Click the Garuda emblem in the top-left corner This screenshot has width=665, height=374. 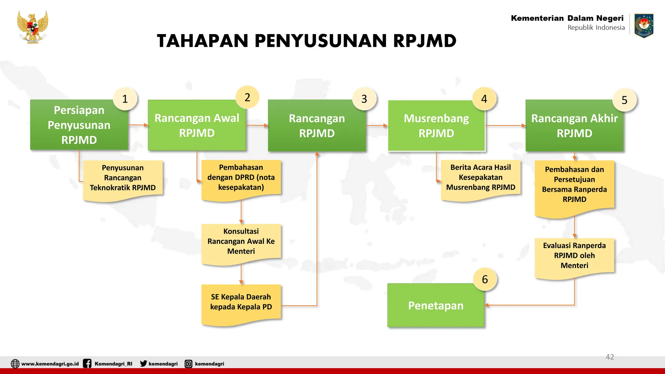[x=33, y=27]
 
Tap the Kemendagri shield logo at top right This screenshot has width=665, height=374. [x=644, y=25]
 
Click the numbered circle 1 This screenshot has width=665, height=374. [x=125, y=99]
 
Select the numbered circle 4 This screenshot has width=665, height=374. [x=484, y=99]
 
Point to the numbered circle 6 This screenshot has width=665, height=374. [x=485, y=279]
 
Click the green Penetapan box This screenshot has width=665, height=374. [x=436, y=305]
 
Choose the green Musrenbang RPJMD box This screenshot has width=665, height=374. [x=436, y=126]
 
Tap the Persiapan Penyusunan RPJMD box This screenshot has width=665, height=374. [x=79, y=125]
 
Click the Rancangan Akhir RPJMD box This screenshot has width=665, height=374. [x=574, y=126]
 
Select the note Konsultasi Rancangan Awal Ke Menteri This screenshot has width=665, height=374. [x=241, y=242]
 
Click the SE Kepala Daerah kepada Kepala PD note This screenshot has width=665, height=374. [x=241, y=303]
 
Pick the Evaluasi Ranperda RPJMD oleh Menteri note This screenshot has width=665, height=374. [x=574, y=256]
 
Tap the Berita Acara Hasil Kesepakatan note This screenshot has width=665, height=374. [x=481, y=178]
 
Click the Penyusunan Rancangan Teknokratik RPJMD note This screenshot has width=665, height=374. [x=123, y=178]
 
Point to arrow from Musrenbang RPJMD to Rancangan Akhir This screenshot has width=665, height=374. [x=505, y=125]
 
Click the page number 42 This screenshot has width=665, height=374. [x=609, y=357]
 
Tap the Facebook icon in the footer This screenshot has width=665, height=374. [x=87, y=363]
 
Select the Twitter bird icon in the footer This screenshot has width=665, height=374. [x=143, y=363]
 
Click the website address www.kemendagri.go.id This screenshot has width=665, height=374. [x=50, y=364]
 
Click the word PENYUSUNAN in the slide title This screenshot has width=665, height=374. [x=321, y=41]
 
